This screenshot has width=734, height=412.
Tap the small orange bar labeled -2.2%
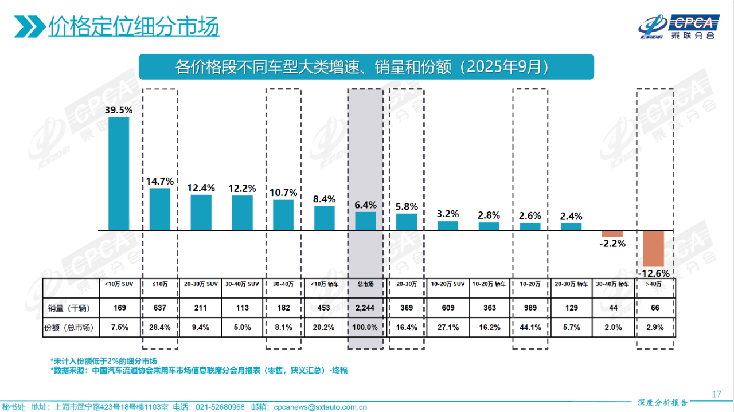tap(612, 233)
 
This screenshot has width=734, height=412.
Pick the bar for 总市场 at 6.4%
tap(365, 221)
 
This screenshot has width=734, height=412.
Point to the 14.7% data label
tap(160, 182)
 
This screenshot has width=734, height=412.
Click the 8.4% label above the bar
tap(324, 199)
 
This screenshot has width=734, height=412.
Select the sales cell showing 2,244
tap(365, 308)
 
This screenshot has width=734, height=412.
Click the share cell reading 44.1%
tap(530, 328)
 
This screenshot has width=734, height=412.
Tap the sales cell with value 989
tap(530, 308)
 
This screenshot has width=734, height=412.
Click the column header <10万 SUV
tap(119, 284)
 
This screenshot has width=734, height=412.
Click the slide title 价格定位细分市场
tap(134, 26)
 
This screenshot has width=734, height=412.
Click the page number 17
tap(716, 394)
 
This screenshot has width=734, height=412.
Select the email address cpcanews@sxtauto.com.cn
tap(320, 407)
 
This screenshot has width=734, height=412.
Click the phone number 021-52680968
tap(220, 407)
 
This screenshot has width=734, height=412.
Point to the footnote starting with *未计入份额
tap(103, 361)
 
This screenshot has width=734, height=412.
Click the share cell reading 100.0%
tap(365, 328)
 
